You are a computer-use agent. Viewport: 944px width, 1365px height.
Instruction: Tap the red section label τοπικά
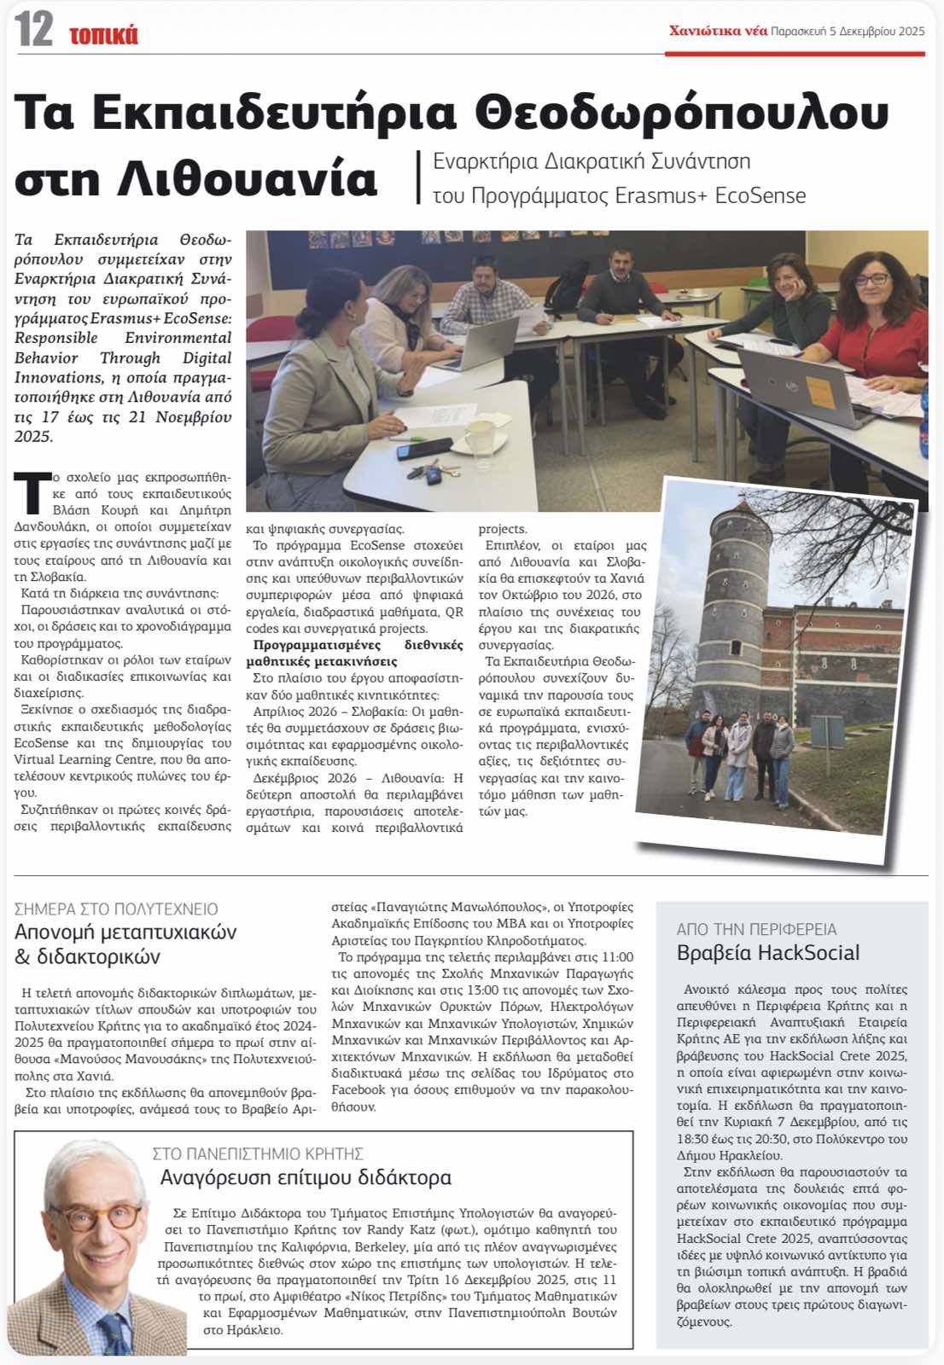[x=103, y=35]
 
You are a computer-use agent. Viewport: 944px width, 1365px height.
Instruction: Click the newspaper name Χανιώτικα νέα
[x=718, y=31]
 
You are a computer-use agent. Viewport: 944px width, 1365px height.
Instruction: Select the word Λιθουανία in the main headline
[x=247, y=178]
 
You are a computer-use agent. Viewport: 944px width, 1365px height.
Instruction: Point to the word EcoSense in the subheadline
[x=760, y=195]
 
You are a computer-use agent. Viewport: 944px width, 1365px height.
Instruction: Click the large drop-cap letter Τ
[x=32, y=494]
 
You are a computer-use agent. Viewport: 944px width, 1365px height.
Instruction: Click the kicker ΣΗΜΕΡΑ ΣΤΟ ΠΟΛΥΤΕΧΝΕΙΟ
[x=116, y=909]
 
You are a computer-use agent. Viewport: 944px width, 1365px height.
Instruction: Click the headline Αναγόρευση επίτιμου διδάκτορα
[x=306, y=1178]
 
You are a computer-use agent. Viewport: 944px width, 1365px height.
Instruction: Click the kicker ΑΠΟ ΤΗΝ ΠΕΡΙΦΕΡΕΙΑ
[x=756, y=929]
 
